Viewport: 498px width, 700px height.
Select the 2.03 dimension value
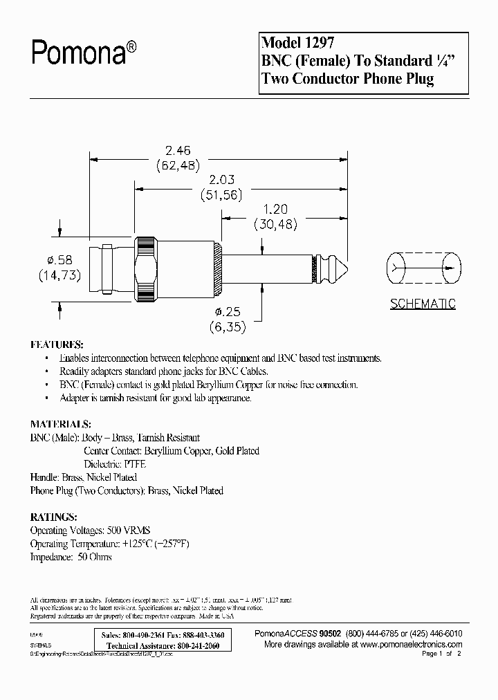point(221,180)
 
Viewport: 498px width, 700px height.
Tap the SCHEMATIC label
point(423,304)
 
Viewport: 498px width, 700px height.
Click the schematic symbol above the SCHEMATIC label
point(423,269)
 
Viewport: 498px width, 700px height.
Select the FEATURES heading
point(57,344)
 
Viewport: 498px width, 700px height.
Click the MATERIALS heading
point(60,424)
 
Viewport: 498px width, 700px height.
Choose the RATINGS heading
point(54,517)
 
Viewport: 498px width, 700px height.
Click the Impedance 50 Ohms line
point(71,556)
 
